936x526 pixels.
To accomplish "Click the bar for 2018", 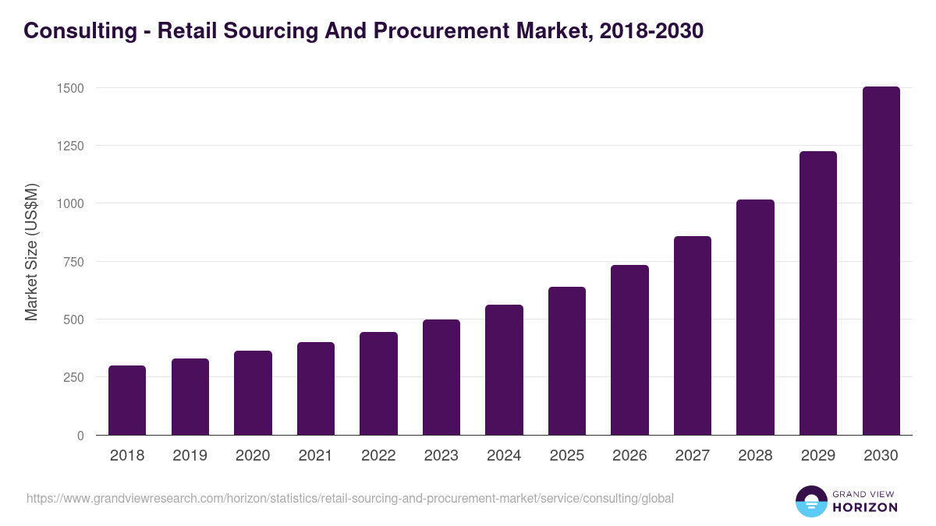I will pyautogui.click(x=127, y=401).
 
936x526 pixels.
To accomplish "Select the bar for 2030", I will pyautogui.click(x=881, y=261).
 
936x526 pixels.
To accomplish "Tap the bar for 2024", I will pyautogui.click(x=504, y=370).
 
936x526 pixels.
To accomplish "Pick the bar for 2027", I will pyautogui.click(x=693, y=336).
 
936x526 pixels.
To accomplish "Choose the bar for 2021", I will pyautogui.click(x=316, y=389).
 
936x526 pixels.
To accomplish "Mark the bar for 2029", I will pyautogui.click(x=817, y=293).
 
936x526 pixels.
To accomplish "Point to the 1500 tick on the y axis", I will pyautogui.click(x=70, y=88).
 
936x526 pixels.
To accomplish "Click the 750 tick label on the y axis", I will pyautogui.click(x=73, y=262).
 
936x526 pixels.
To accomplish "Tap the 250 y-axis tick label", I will pyautogui.click(x=73, y=377).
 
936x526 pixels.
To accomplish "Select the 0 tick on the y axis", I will pyautogui.click(x=80, y=436).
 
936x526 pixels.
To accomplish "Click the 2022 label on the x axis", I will pyautogui.click(x=378, y=456).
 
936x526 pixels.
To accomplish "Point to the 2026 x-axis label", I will pyautogui.click(x=629, y=456).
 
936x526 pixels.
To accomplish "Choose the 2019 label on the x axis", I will pyautogui.click(x=190, y=456).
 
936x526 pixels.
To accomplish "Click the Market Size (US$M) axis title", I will pyautogui.click(x=31, y=252).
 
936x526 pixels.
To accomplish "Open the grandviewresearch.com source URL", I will pyautogui.click(x=350, y=498).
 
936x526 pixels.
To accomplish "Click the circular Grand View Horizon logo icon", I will pyautogui.click(x=811, y=501).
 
